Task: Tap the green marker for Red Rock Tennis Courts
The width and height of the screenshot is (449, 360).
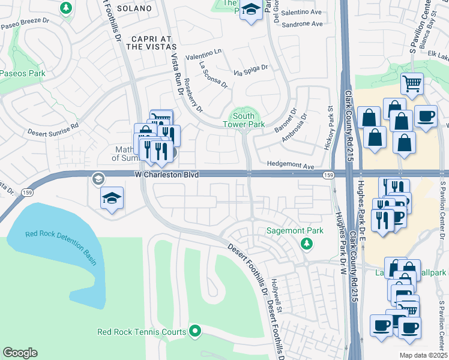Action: [x=194, y=331]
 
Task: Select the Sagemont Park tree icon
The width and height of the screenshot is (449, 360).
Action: [x=307, y=243]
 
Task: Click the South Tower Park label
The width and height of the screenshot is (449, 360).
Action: [x=248, y=120]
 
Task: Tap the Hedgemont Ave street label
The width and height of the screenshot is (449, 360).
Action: [x=291, y=166]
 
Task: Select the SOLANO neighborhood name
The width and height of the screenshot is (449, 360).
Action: [x=131, y=9]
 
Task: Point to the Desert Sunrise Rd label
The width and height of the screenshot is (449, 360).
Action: [x=53, y=128]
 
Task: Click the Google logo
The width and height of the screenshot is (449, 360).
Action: [x=20, y=353]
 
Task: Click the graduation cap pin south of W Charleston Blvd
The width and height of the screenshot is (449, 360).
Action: [x=112, y=199]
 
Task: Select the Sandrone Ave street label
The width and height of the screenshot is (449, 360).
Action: [x=303, y=24]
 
